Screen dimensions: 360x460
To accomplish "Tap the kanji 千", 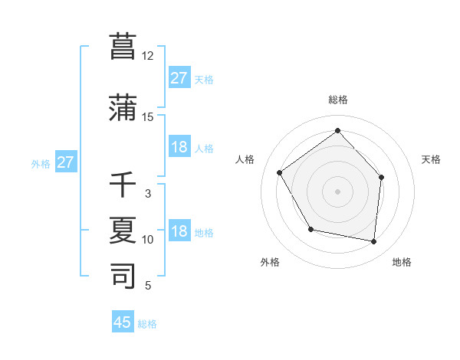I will pyautogui.click(x=123, y=185).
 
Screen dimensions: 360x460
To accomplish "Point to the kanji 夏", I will pyautogui.click(x=123, y=231).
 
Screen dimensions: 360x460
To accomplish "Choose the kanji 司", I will pyautogui.click(x=123, y=277).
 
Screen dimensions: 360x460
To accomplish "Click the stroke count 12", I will pyautogui.click(x=148, y=56).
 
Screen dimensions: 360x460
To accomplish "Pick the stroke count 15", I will pyautogui.click(x=148, y=117).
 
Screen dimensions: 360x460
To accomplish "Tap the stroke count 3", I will pyautogui.click(x=148, y=194).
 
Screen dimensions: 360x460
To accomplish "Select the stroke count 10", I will pyautogui.click(x=148, y=240).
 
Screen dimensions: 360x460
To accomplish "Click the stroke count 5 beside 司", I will pyautogui.click(x=148, y=286).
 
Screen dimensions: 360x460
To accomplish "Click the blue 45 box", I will pyautogui.click(x=123, y=322).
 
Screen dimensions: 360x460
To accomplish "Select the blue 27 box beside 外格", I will pyautogui.click(x=66, y=162).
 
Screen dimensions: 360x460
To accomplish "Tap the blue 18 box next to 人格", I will pyautogui.click(x=179, y=148).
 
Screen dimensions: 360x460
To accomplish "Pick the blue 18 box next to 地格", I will pyautogui.click(x=179, y=232).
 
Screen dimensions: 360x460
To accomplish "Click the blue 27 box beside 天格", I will pyautogui.click(x=179, y=78).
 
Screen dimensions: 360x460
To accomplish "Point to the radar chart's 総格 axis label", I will pyautogui.click(x=337, y=100).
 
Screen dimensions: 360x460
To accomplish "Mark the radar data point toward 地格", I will pyautogui.click(x=373, y=241).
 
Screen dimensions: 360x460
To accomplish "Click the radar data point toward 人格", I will pyautogui.click(x=280, y=173).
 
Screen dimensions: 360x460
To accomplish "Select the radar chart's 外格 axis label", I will pyautogui.click(x=270, y=263).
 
